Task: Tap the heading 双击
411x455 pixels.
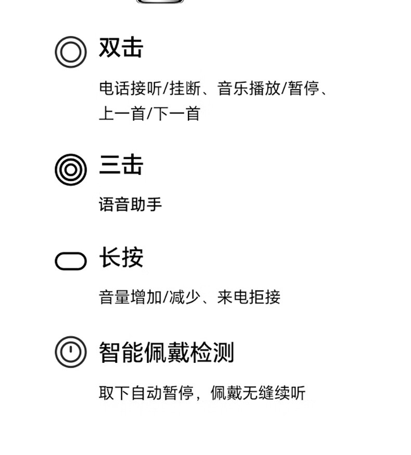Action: (x=121, y=47)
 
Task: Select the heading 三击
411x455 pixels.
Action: (x=121, y=165)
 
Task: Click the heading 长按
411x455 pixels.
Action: (x=121, y=257)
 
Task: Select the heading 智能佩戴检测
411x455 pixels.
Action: (x=166, y=352)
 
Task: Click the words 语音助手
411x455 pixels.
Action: (x=130, y=204)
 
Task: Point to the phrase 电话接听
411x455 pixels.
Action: (x=130, y=88)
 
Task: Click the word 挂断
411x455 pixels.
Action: (x=185, y=88)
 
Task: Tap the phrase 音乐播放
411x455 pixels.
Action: (x=249, y=88)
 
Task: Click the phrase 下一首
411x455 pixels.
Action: (x=176, y=113)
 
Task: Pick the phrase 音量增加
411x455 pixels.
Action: (x=130, y=297)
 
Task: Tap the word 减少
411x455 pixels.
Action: (x=185, y=297)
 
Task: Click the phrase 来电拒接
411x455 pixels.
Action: (x=249, y=297)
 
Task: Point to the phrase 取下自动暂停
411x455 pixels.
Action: (x=146, y=393)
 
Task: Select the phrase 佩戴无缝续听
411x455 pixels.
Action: (x=258, y=393)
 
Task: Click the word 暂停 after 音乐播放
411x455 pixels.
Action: (x=304, y=88)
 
